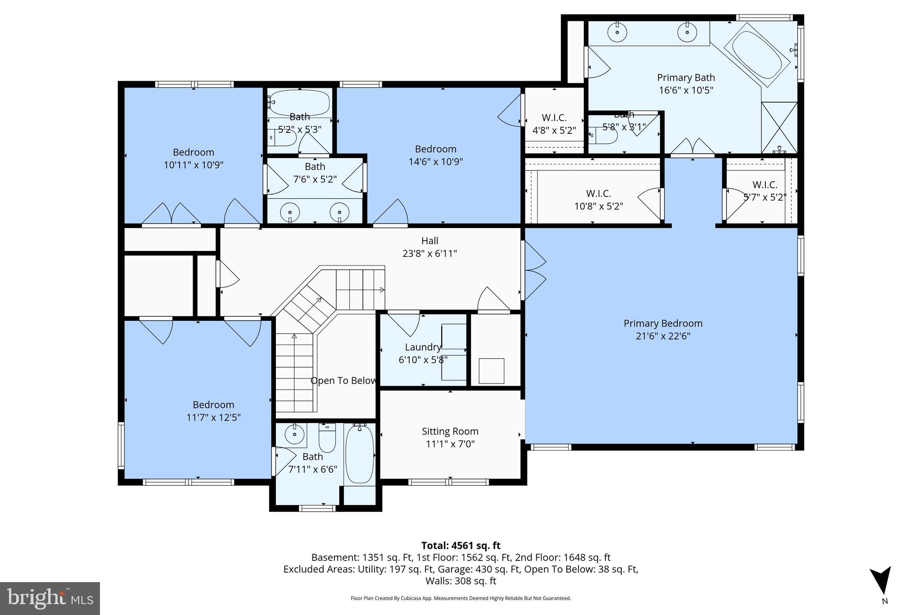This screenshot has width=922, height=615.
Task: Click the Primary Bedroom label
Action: pyautogui.click(x=663, y=323)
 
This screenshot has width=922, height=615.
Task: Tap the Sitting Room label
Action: pyautogui.click(x=450, y=432)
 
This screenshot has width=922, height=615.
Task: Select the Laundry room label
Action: pyautogui.click(x=422, y=347)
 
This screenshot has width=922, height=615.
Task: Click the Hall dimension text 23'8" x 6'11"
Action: pyautogui.click(x=429, y=254)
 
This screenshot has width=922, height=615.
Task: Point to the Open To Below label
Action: pyautogui.click(x=343, y=381)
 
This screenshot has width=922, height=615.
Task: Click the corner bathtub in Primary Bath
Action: pyautogui.click(x=757, y=55)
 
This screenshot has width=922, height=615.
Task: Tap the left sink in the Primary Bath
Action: pyautogui.click(x=617, y=32)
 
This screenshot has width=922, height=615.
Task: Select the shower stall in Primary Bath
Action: pyautogui.click(x=779, y=128)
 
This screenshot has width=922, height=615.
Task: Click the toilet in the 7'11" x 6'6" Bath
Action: pyautogui.click(x=327, y=437)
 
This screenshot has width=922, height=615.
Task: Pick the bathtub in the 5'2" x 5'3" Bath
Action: pyautogui.click(x=299, y=103)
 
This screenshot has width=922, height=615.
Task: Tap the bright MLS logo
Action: pyautogui.click(x=50, y=598)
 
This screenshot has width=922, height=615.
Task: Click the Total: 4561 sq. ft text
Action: pyautogui.click(x=461, y=546)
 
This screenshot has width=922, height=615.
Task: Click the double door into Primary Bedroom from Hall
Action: pyautogui.click(x=534, y=270)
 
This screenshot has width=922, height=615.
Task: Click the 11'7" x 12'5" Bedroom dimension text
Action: pyautogui.click(x=213, y=418)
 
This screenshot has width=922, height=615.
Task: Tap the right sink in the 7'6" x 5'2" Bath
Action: pyautogui.click(x=339, y=212)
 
